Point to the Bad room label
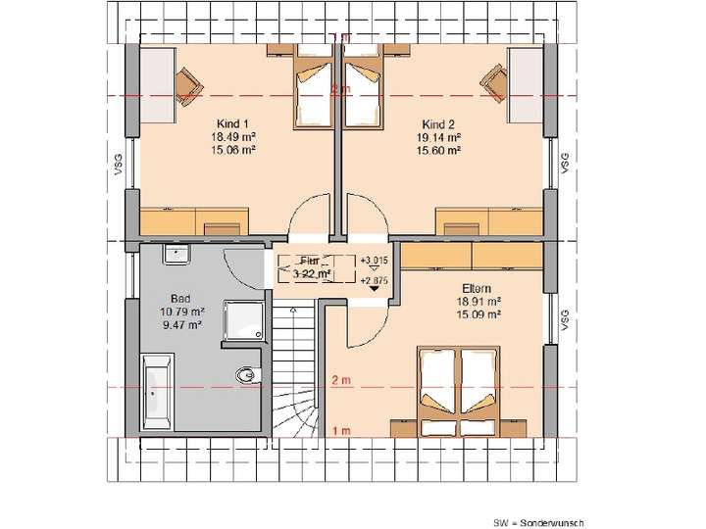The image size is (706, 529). coord(179,297)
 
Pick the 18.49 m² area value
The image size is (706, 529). coord(234,138)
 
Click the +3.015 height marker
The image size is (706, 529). coord(374,260)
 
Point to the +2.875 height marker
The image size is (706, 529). coord(374,281)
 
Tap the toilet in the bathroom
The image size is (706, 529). coord(247,374)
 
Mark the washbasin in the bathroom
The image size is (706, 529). coord(176,255)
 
